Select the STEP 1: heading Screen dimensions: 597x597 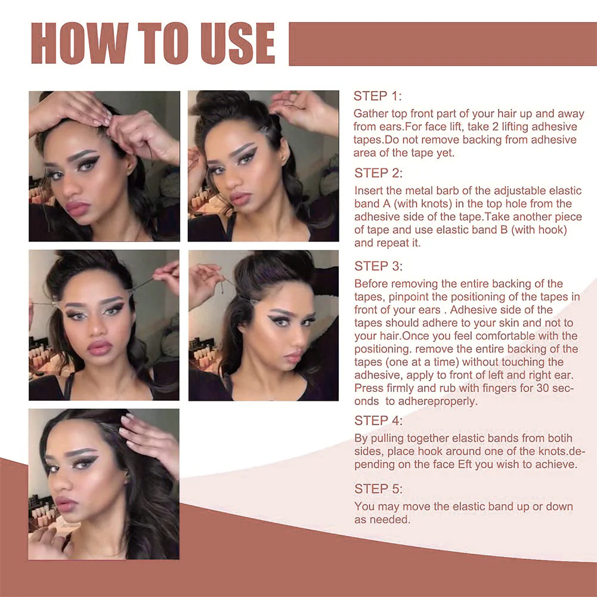(x=378, y=96)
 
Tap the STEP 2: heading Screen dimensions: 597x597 (x=378, y=173)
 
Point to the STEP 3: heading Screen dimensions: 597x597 (x=378, y=266)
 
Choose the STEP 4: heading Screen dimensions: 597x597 (x=378, y=420)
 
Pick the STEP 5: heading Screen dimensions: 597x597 (x=378, y=489)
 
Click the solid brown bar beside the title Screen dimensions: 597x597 (x=443, y=44)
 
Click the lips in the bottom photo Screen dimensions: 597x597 (x=66, y=504)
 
